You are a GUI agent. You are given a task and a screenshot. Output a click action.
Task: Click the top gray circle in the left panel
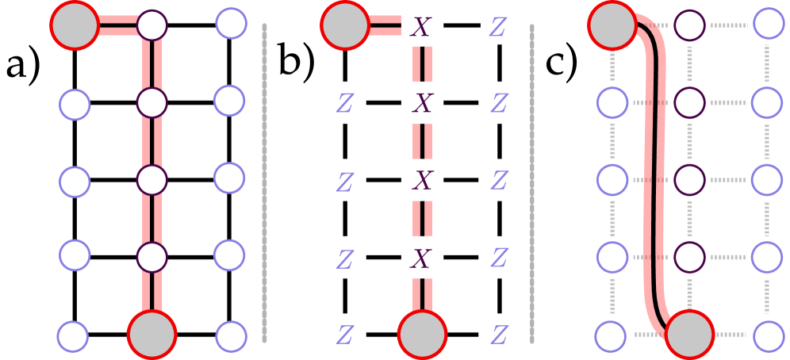75,25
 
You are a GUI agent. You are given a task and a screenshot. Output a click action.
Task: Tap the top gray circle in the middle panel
345,25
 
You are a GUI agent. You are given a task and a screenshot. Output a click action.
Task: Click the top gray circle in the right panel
612,25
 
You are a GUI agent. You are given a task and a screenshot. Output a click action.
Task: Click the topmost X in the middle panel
422,26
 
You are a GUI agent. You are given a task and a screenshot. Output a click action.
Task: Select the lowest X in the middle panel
422,258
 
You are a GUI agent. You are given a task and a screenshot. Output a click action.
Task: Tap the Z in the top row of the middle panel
499,26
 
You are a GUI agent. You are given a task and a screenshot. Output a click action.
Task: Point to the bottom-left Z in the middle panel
344,335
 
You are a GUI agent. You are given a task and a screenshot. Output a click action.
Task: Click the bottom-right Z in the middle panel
499,335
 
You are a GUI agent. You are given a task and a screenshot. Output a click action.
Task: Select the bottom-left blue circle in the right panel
612,335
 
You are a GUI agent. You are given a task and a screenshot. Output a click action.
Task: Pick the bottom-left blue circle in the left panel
73,336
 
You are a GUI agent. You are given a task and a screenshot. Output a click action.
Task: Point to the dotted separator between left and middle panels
264,182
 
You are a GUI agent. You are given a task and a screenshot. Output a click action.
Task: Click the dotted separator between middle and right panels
532,182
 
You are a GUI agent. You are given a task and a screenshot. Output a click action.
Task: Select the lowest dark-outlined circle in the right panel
690,257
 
